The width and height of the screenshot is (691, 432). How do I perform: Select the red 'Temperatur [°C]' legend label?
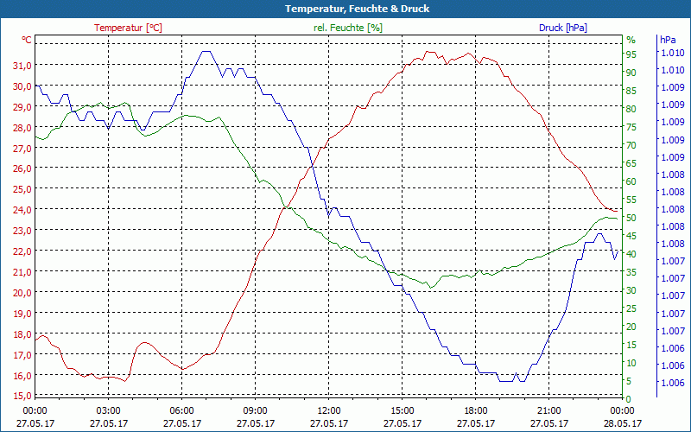(x=128, y=28)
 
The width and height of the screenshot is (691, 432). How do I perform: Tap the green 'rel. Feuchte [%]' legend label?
(x=348, y=28)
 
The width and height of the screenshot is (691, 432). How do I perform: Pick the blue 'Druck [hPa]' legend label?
(x=563, y=28)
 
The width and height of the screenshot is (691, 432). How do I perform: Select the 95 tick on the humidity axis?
(x=631, y=54)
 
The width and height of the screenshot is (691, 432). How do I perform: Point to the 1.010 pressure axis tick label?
(x=672, y=53)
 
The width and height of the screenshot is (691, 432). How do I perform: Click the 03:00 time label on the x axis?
(x=108, y=410)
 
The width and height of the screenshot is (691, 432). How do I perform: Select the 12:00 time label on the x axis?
(x=329, y=410)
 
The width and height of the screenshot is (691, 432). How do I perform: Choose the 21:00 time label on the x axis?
(x=549, y=410)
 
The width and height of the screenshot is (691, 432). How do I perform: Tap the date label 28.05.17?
(x=623, y=423)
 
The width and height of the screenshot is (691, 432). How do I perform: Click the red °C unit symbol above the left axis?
(x=27, y=40)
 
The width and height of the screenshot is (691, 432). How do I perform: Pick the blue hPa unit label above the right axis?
(x=668, y=40)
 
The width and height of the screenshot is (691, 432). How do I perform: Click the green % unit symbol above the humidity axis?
(x=631, y=40)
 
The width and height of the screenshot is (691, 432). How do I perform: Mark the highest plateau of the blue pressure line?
(x=206, y=52)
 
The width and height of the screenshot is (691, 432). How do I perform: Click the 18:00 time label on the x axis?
(x=476, y=410)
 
